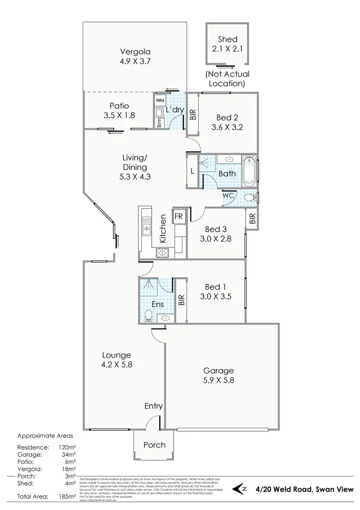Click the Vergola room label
click(x=135, y=52)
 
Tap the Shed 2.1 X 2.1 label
click(x=228, y=39)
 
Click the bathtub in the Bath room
click(x=249, y=171)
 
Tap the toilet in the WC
click(x=250, y=197)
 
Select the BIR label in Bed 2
click(x=193, y=114)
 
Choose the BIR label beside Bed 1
click(x=181, y=300)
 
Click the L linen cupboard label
click(x=192, y=171)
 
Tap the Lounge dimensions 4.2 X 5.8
click(x=116, y=364)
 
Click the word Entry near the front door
click(x=154, y=406)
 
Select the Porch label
click(x=155, y=445)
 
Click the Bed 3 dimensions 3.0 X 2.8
click(x=216, y=237)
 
